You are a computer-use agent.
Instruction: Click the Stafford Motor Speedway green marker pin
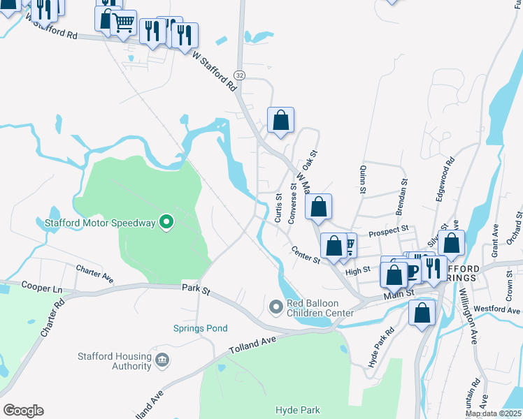(166, 223)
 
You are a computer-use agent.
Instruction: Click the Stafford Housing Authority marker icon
(162, 360)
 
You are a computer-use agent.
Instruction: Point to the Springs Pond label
(201, 328)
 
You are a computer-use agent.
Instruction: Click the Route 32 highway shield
(240, 75)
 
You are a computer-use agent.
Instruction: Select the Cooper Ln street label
(42, 287)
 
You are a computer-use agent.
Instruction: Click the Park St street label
(196, 288)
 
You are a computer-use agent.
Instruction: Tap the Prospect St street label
(389, 230)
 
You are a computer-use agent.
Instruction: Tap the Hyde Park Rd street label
(381, 347)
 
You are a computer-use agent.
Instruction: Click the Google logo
(23, 411)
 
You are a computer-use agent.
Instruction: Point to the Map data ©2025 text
(493, 414)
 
